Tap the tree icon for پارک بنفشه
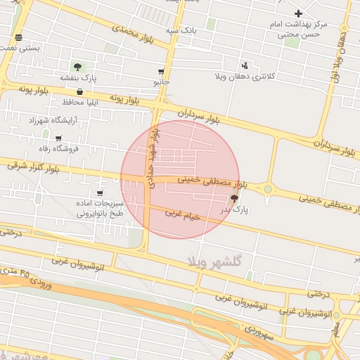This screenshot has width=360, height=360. coord(77,67)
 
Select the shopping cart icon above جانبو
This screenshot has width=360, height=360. coord(161,72)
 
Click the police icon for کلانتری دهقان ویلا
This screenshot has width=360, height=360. coord(244,64)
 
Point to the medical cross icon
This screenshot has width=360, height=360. coord(298,13)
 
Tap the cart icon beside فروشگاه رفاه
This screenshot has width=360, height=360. coord(58,138)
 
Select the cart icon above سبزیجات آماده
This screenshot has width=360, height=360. coord(100,193)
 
